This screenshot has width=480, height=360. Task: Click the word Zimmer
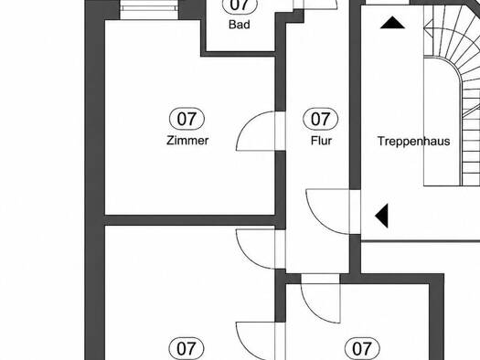(187, 141)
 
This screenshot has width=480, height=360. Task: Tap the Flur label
(321, 141)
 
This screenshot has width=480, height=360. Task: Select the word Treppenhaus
(413, 142)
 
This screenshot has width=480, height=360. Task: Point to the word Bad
(240, 25)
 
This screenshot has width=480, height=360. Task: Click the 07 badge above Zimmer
(187, 119)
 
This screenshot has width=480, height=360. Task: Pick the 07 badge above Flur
(321, 119)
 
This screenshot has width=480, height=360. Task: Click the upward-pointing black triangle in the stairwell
(392, 23)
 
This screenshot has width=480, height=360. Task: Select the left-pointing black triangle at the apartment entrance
(382, 216)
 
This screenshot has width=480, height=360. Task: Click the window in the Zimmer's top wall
(149, 10)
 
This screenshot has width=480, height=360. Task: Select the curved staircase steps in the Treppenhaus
(452, 91)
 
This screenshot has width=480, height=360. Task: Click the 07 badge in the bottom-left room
(187, 348)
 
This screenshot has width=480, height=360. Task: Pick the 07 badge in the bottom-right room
(362, 348)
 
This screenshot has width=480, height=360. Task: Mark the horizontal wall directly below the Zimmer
(190, 220)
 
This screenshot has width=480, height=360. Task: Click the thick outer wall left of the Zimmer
(94, 180)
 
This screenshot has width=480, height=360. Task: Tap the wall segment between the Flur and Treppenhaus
(355, 95)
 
